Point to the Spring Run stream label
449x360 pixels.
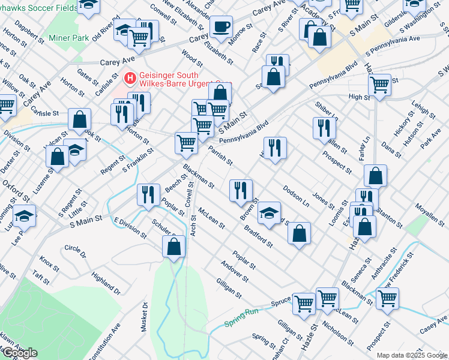(x=241, y=318)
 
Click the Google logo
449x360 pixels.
(x=20, y=353)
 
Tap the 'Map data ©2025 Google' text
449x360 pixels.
(x=411, y=355)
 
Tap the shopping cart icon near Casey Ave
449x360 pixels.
(x=387, y=298)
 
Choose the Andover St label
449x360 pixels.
(x=234, y=271)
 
